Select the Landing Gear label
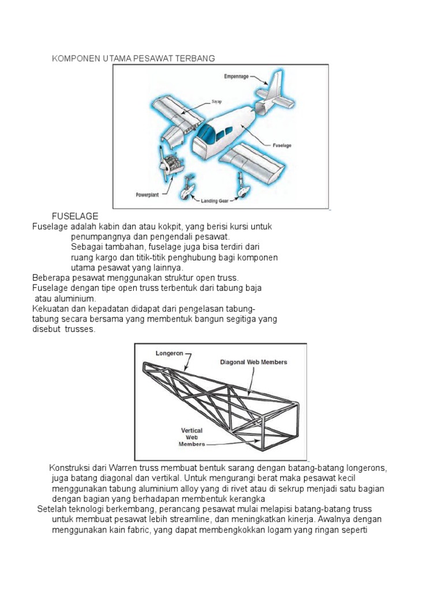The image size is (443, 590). point(215,201)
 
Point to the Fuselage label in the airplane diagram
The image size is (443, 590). point(283,146)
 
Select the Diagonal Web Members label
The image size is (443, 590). point(253,362)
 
